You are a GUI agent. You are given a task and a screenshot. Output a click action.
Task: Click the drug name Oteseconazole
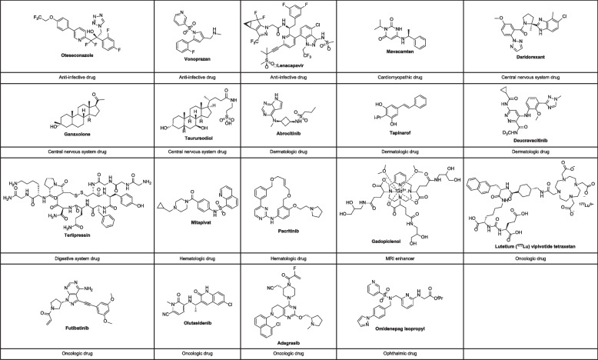[x=58, y=56]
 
